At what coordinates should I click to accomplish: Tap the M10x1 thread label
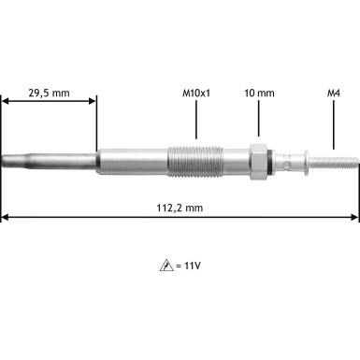click(x=195, y=94)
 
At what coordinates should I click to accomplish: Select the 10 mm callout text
click(x=259, y=94)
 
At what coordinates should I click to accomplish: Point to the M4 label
click(x=333, y=94)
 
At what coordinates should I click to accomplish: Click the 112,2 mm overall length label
click(x=180, y=208)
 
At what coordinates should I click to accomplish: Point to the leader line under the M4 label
click(x=333, y=126)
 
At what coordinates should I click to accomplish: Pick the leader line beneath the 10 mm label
click(x=259, y=122)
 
